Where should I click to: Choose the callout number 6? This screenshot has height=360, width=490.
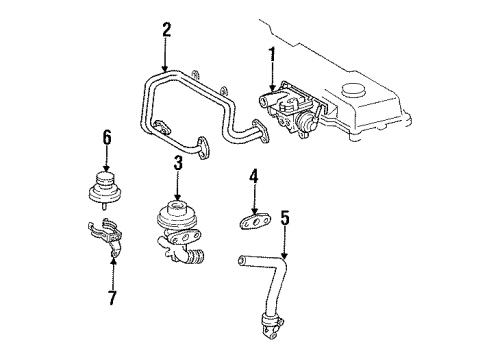106,139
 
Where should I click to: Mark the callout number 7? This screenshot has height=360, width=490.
112,298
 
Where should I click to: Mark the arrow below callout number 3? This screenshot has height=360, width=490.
177,186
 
